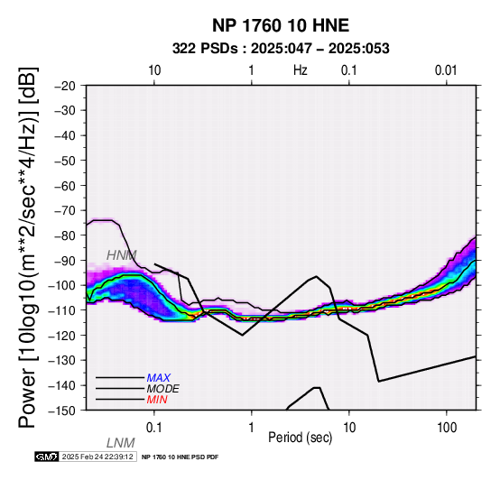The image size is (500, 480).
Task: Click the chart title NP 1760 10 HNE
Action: tap(281, 25)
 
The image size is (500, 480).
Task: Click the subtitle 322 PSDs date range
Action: tap(281, 49)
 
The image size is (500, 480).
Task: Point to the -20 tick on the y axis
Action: tap(65, 86)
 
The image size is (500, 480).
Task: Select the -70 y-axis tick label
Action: tap(65, 210)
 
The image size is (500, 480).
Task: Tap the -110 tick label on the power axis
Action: tap(61, 310)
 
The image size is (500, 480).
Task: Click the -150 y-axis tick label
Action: tap(61, 411)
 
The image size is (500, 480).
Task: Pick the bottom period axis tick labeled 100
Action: tap(447, 428)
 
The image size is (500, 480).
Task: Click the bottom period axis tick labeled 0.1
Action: tap(153, 428)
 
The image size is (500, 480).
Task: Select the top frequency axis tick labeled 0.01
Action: tap(446, 70)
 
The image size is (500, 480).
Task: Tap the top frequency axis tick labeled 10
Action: tap(154, 70)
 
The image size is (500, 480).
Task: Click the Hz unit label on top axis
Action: tap(301, 70)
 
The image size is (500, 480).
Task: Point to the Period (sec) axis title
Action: tap(300, 438)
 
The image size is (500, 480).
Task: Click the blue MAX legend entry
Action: tap(159, 378)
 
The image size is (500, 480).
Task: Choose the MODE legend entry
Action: tap(163, 389)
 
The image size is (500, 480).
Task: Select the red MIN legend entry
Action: tap(157, 400)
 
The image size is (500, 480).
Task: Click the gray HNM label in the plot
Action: tap(122, 255)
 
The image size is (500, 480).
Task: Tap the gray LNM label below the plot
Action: tap(121, 443)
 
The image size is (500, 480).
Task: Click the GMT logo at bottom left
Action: tap(47, 457)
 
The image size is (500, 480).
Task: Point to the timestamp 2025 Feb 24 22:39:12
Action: tap(97, 457)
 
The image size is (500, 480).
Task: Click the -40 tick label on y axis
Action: tap(65, 135)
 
